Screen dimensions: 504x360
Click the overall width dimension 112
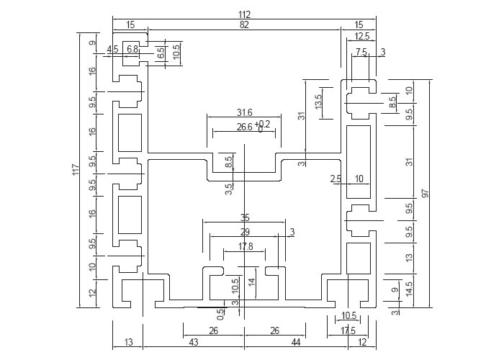point(244,14)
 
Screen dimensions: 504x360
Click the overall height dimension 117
point(76,170)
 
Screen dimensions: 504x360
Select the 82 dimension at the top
point(244,24)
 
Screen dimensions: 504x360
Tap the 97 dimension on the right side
point(426,194)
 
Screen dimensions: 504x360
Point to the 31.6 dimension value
point(245,112)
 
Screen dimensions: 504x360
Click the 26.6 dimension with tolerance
point(245,127)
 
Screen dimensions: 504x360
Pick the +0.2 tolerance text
point(262,124)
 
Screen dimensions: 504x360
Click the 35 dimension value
point(245,218)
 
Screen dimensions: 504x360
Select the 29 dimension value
point(245,232)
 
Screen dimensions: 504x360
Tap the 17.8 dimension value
point(246,246)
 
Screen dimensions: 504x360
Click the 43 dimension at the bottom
point(194,342)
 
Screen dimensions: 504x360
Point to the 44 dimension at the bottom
point(295,342)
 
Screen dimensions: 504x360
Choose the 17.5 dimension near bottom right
point(348,330)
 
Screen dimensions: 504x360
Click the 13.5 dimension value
point(318,102)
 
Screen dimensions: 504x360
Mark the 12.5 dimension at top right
point(362,36)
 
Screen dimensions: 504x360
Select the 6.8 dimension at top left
point(132,49)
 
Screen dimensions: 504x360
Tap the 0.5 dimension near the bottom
point(221,315)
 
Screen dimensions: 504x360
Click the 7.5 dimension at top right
point(361,52)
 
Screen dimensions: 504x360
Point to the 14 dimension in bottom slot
point(252,282)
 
